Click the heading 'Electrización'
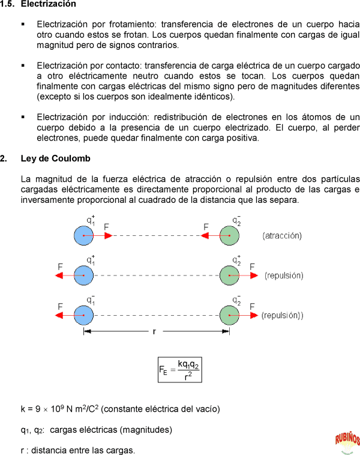tap(48, 4)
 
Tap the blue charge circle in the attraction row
tap(84, 236)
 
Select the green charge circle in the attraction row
tap(229, 236)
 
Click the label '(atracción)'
tap(282, 236)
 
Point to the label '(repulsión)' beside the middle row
tap(284, 276)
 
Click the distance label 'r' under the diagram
tap(154, 331)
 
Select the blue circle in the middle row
tap(84, 276)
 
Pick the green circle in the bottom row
tap(229, 315)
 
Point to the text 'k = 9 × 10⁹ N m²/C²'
tap(59, 409)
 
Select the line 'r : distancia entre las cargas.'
tap(78, 450)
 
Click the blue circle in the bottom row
tap(84, 315)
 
